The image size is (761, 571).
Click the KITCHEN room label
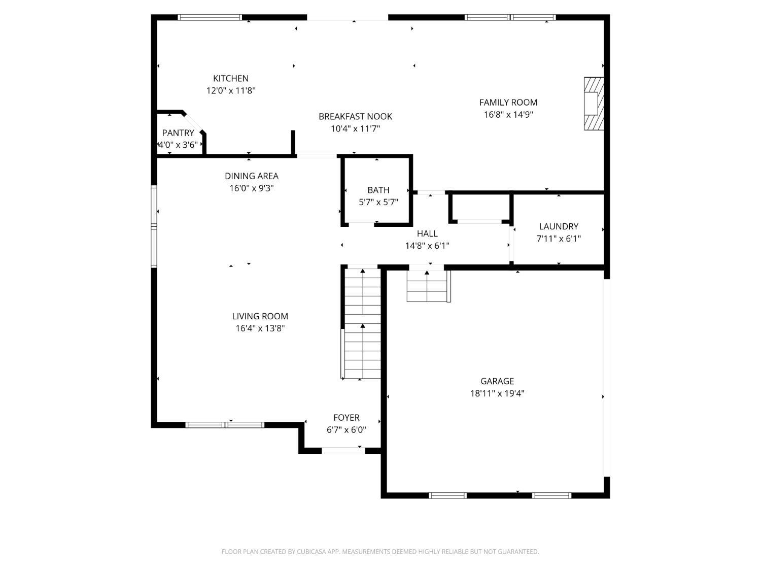[x=230, y=78]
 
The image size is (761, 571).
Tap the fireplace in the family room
[x=594, y=104]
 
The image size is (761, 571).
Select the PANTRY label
[x=178, y=133]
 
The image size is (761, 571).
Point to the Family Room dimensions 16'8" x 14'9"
[x=508, y=114]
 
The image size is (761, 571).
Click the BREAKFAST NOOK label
[x=355, y=117]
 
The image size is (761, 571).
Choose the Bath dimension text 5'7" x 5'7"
[x=378, y=202]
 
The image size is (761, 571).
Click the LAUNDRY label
[x=559, y=226]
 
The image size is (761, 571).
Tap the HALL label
[x=427, y=233]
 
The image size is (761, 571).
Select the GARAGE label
[x=497, y=381]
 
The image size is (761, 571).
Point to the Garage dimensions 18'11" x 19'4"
[x=497, y=393]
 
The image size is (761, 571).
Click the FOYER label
[x=347, y=417]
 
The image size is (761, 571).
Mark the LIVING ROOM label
[x=260, y=316]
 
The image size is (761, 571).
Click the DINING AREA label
[x=251, y=176]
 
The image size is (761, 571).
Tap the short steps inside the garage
[x=429, y=286]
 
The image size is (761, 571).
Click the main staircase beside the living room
[x=362, y=323]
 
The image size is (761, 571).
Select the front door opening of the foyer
[x=343, y=450]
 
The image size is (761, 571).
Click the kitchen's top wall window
[x=210, y=17]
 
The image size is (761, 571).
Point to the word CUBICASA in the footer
[x=312, y=552]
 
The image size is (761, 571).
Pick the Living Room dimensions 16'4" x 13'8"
[x=260, y=328]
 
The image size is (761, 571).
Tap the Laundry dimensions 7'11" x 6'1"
[x=559, y=239]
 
